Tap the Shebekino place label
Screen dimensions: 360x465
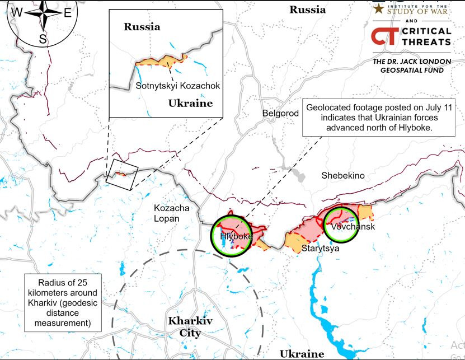[x=342, y=175]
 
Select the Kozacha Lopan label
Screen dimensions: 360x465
[x=171, y=213]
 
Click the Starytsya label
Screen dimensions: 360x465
[x=320, y=247]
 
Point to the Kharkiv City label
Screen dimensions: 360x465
[x=185, y=327]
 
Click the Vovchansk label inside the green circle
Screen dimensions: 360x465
[x=353, y=227]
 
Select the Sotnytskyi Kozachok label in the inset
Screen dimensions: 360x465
[x=178, y=86]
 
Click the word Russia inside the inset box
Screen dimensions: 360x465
[x=142, y=26]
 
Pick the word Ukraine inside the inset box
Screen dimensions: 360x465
[x=190, y=104]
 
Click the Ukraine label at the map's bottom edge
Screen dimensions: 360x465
[x=302, y=353]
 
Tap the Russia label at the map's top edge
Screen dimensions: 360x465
[x=307, y=10]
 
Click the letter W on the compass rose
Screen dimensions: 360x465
[x=18, y=12]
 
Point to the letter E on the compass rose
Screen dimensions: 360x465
[x=67, y=13]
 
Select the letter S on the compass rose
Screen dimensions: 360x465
[x=43, y=38]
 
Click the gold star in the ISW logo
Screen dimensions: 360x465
[x=379, y=8]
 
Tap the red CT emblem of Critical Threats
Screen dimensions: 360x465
[x=384, y=36]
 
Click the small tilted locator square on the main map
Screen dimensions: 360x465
[x=123, y=174]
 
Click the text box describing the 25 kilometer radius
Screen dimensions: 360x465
[x=63, y=301]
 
